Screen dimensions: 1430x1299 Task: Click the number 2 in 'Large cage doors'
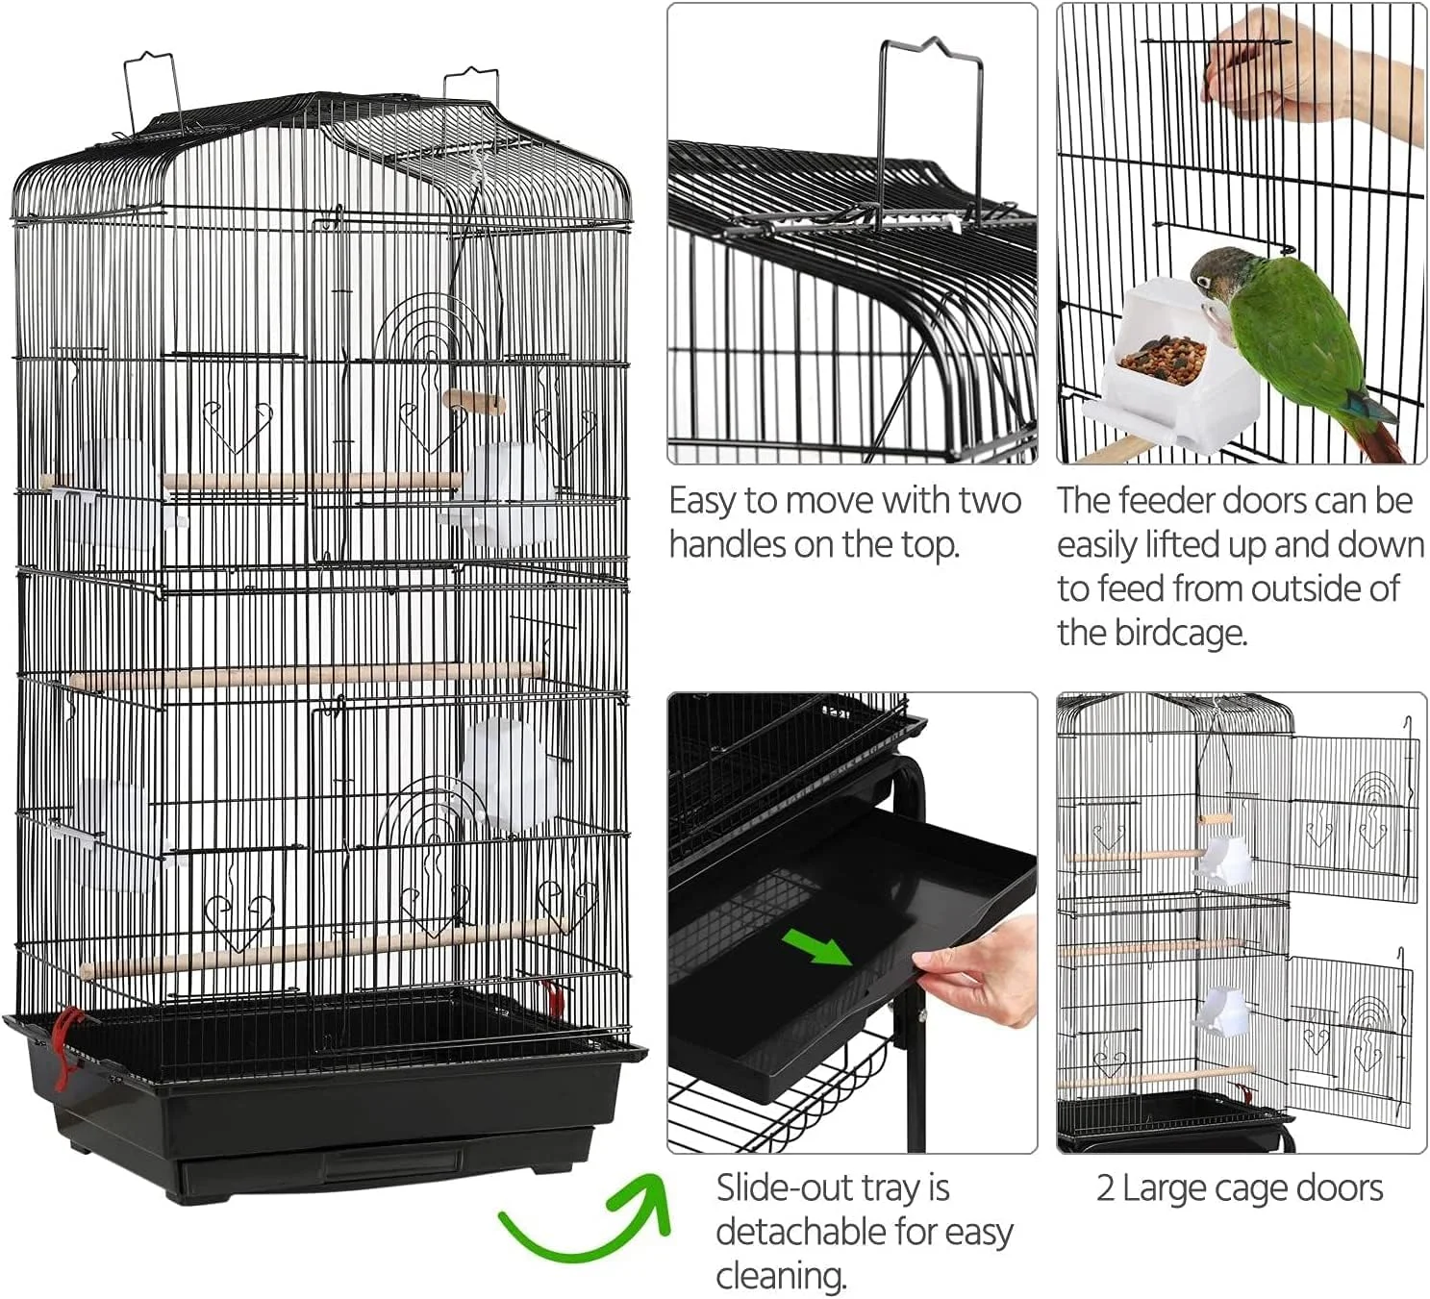(1105, 1188)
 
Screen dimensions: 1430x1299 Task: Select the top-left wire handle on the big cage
(151, 91)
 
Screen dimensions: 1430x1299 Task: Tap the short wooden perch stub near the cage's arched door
(473, 403)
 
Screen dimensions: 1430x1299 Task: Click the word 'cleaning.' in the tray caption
(781, 1276)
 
